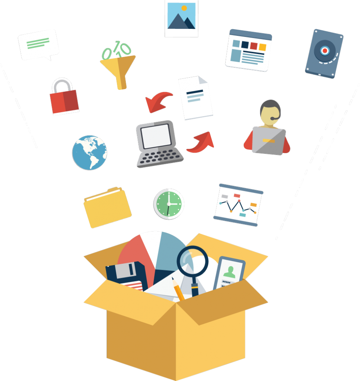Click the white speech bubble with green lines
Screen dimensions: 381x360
pos(38,44)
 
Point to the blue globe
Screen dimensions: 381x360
pos(90,152)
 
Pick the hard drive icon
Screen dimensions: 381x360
pos(324,53)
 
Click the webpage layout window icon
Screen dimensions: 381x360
pos(248,50)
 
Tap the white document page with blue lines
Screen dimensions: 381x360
pos(195,98)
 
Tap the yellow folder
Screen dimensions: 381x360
pos(107,207)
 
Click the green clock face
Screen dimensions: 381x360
pos(169,204)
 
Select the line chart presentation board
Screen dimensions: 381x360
pos(238,205)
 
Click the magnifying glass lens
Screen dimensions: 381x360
pos(192,261)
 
